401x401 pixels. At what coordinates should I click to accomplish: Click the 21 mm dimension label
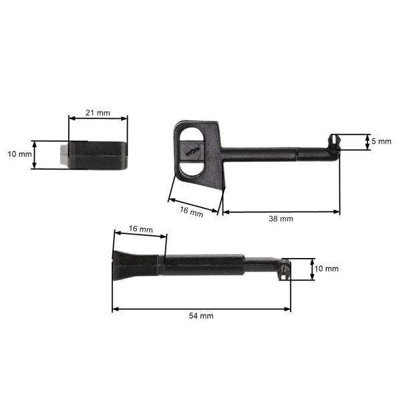pyautogui.click(x=98, y=113)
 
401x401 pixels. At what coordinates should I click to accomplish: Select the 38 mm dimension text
pyautogui.click(x=281, y=219)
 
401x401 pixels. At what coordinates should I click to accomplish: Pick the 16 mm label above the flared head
pyautogui.click(x=140, y=229)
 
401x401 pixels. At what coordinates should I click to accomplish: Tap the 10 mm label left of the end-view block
pyautogui.click(x=19, y=154)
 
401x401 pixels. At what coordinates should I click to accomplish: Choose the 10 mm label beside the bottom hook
pyautogui.click(x=327, y=269)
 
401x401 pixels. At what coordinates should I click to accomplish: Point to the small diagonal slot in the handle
pyautogui.click(x=193, y=152)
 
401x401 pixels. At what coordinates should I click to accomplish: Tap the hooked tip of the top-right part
pyautogui.click(x=333, y=141)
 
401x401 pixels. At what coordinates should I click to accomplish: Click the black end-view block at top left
pyautogui.click(x=97, y=154)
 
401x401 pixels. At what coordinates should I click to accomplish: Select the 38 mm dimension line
pyautogui.click(x=281, y=212)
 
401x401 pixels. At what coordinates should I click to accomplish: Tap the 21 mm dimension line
pyautogui.click(x=98, y=120)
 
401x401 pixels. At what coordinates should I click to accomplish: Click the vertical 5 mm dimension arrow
pyautogui.click(x=367, y=142)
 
